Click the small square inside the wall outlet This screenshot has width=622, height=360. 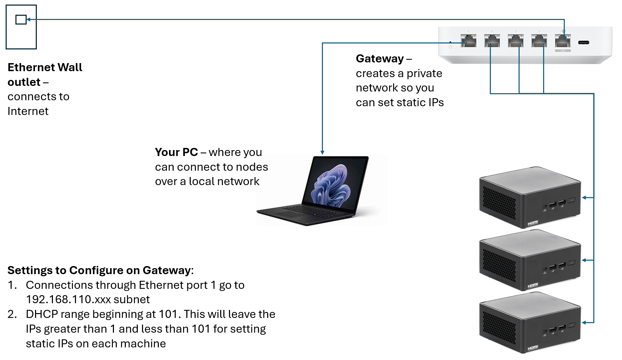pos(21,20)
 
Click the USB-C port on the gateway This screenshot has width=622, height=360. pos(583,42)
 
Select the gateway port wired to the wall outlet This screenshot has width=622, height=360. pos(563,41)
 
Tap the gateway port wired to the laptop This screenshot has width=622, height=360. pos(468,41)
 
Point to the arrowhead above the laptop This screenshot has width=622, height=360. pos(322,152)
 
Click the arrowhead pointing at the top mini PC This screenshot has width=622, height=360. pos(584,198)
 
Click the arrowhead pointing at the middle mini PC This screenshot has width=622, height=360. pos(584,260)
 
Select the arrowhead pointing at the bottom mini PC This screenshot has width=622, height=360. pos(584,322)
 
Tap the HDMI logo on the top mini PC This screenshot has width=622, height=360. pos(533,223)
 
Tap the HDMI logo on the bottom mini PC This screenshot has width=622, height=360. pos(533,348)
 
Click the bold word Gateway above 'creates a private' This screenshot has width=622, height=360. pos(380,59)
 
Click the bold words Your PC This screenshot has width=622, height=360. pos(176,152)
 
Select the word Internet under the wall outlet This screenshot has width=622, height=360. pos(28,111)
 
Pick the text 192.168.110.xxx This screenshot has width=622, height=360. pos(68,299)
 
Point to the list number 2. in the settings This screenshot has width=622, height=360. pos(12,314)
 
